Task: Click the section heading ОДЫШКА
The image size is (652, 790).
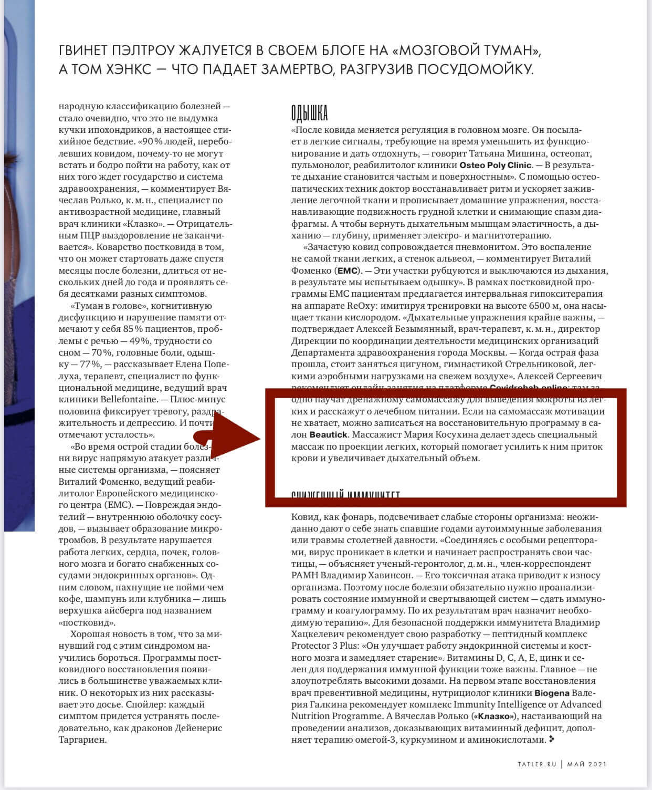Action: click(309, 113)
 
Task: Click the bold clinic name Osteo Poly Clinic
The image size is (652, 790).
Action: click(496, 165)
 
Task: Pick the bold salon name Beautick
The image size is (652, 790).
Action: click(328, 435)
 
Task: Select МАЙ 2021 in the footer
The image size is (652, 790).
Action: click(586, 764)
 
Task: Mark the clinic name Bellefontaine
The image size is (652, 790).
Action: click(129, 400)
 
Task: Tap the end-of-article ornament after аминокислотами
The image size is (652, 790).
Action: click(551, 739)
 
